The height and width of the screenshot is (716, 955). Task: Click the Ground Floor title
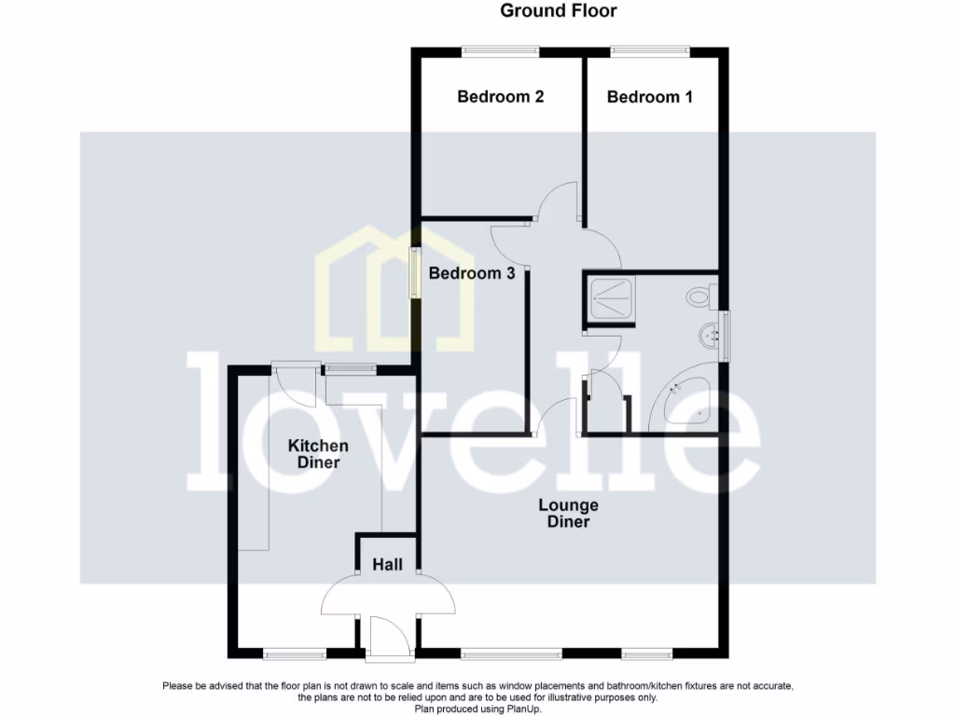559,11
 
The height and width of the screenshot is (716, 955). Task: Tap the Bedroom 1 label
649,97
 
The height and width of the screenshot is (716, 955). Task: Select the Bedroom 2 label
500,97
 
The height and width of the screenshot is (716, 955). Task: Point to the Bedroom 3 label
471,274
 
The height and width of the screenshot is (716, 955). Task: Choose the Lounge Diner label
568,514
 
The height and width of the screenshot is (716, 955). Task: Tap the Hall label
387,565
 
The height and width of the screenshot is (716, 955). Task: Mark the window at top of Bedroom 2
502,50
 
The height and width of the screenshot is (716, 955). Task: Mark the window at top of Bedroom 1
650,50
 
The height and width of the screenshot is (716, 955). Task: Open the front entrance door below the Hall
387,639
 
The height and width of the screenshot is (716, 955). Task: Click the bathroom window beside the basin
727,334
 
